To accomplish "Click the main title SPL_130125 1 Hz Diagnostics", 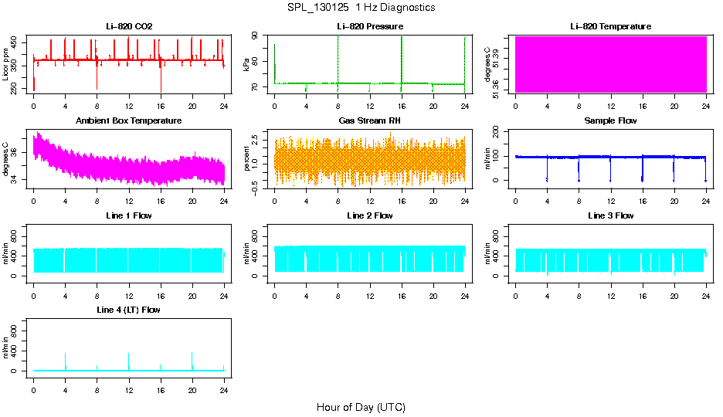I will click(361, 8).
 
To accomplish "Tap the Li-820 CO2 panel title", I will click(129, 27).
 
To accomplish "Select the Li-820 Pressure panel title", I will click(369, 27).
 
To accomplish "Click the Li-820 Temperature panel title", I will click(610, 27).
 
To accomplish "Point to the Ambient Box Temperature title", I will click(129, 121).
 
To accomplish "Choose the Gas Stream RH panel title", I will click(369, 121).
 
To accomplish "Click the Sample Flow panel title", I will click(610, 121).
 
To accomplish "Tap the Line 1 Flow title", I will click(129, 215).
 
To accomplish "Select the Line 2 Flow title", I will click(369, 215).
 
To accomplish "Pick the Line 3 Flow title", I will click(610, 215).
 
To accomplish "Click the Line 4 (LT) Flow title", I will click(129, 310).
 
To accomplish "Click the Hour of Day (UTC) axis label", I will click(361, 407).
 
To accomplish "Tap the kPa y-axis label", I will click(246, 65).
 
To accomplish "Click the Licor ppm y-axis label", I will click(6, 65).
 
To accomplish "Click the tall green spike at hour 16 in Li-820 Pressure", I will click(402, 58).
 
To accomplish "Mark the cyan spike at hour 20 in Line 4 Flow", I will click(192, 360).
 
